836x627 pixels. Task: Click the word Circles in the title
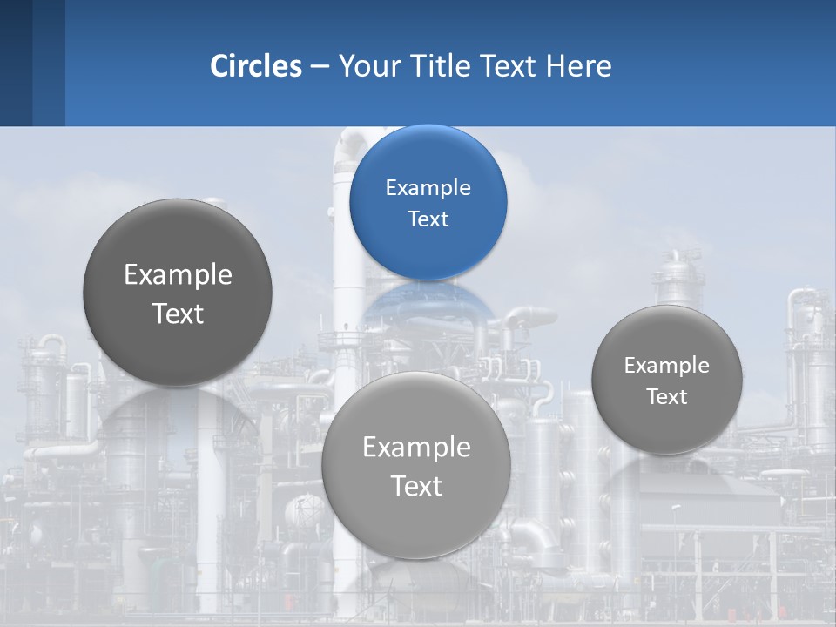pos(256,66)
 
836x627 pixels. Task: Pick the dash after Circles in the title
pos(320,67)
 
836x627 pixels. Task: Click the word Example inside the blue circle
pos(428,188)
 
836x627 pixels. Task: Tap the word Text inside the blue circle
pos(428,219)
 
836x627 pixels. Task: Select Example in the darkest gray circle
pos(178,275)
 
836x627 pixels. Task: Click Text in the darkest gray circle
pos(178,313)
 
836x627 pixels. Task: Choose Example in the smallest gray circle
pos(666,366)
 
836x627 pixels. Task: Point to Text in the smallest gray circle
pos(666,397)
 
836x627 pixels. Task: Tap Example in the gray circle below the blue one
pos(416,448)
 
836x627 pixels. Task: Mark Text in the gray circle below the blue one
pos(416,486)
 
